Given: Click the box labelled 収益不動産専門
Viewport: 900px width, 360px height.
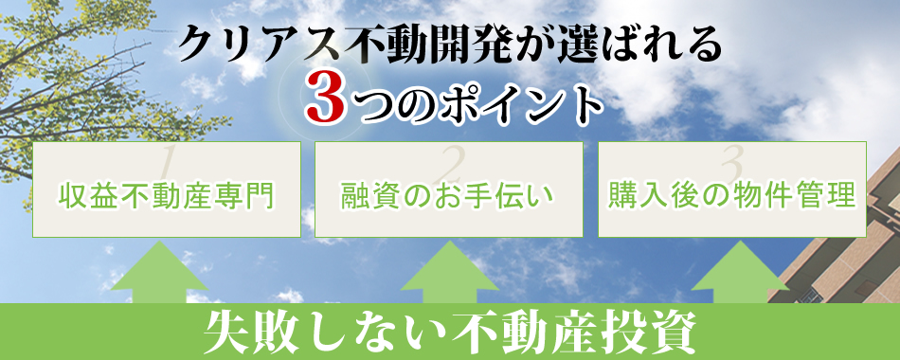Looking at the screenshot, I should coord(167,189).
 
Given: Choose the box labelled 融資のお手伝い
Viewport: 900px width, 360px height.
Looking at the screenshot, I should coord(448,189).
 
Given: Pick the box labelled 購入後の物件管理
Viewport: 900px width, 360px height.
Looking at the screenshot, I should coord(732,189).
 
